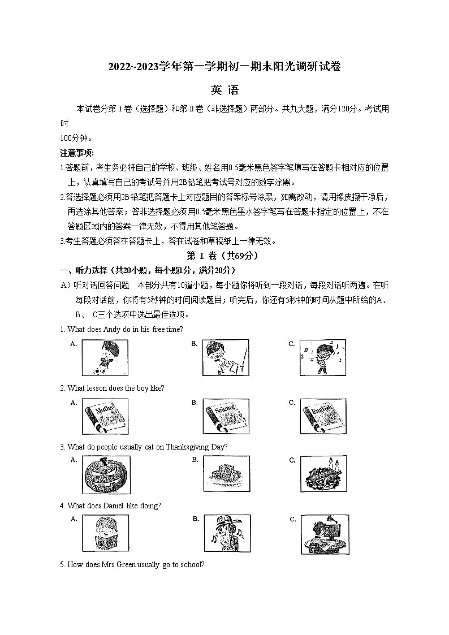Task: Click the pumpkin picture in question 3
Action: pos(106,476)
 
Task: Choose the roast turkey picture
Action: pos(323,476)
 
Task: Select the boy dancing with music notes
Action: pos(323,357)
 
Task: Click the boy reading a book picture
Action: pos(105,534)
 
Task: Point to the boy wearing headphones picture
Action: pos(226,534)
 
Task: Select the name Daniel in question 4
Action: pos(115,506)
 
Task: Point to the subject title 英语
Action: pos(225,90)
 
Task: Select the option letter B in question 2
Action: pos(195,403)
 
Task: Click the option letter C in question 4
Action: pos(293,519)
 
